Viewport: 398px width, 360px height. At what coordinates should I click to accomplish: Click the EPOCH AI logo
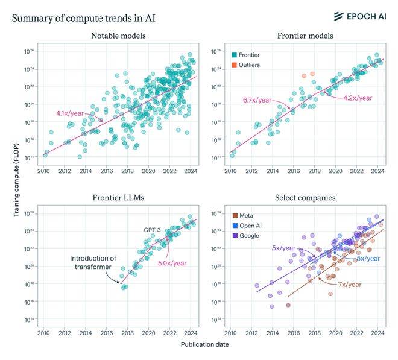click(x=358, y=16)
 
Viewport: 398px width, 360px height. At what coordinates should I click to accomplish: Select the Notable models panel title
click(x=118, y=36)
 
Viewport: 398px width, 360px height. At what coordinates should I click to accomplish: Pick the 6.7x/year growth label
click(x=257, y=99)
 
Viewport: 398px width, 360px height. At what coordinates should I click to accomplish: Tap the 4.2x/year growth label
click(x=358, y=98)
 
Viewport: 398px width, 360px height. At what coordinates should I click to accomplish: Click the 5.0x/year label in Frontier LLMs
click(x=171, y=263)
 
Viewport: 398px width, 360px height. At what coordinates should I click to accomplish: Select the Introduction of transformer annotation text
click(x=92, y=263)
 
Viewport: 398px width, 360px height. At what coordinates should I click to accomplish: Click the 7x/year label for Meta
click(x=349, y=284)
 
